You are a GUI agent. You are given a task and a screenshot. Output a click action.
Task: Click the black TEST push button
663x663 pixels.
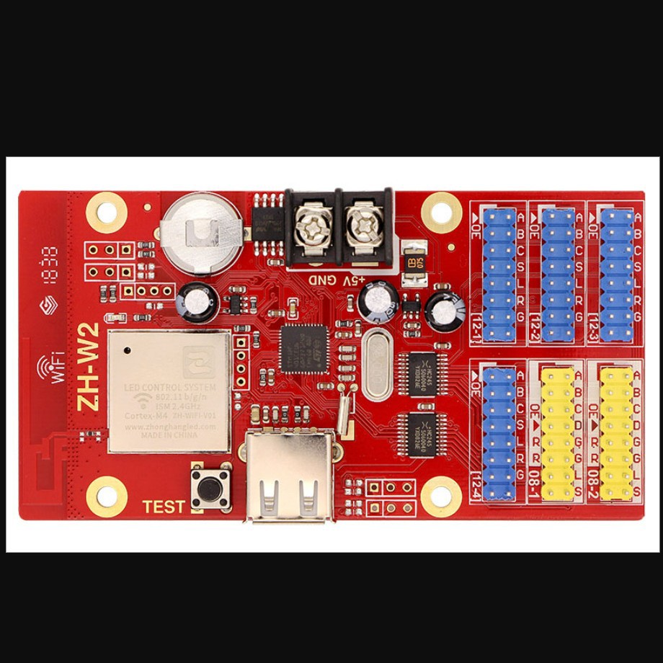pyautogui.click(x=210, y=488)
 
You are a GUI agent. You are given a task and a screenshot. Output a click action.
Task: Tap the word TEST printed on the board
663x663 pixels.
pyautogui.click(x=164, y=507)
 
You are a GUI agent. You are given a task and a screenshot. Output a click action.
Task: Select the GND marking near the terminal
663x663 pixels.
pyautogui.click(x=321, y=279)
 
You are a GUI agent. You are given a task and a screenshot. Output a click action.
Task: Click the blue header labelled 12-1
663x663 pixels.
pyautogui.click(x=499, y=274)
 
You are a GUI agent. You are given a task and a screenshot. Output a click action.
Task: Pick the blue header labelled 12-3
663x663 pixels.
pyautogui.click(x=616, y=274)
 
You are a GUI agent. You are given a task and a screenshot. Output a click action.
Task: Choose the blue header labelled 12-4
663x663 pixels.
pyautogui.click(x=499, y=432)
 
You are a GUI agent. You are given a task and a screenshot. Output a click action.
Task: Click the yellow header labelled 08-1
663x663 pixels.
pyautogui.click(x=558, y=432)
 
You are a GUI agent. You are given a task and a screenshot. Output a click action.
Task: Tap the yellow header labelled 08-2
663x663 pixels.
pyautogui.click(x=616, y=432)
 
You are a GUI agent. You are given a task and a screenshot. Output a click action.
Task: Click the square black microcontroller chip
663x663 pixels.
pyautogui.click(x=303, y=348)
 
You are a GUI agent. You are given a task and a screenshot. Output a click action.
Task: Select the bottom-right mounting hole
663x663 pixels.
pyautogui.click(x=440, y=496)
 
